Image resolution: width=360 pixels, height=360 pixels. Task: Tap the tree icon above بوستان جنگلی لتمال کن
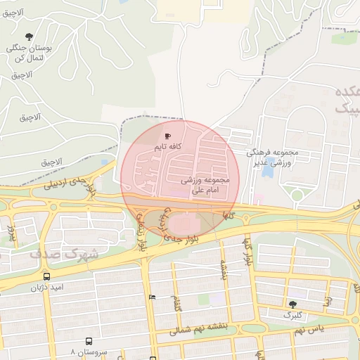(x=29, y=37)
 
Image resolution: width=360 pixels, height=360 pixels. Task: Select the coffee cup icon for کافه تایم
(x=167, y=135)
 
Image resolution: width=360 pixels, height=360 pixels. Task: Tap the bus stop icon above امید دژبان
(x=46, y=276)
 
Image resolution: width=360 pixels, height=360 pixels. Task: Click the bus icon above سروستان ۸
(x=89, y=341)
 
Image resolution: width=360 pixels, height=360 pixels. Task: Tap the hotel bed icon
(x=153, y=297)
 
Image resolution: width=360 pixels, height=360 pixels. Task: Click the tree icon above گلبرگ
(x=292, y=304)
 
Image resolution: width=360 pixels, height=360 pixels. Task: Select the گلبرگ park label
(x=292, y=316)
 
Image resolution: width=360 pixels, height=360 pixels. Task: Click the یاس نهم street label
(x=309, y=329)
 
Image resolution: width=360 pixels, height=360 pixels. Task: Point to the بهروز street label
(x=11, y=229)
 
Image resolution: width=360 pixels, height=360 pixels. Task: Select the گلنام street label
(x=176, y=304)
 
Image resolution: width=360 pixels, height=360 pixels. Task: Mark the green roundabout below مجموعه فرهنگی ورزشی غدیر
(x=297, y=195)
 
